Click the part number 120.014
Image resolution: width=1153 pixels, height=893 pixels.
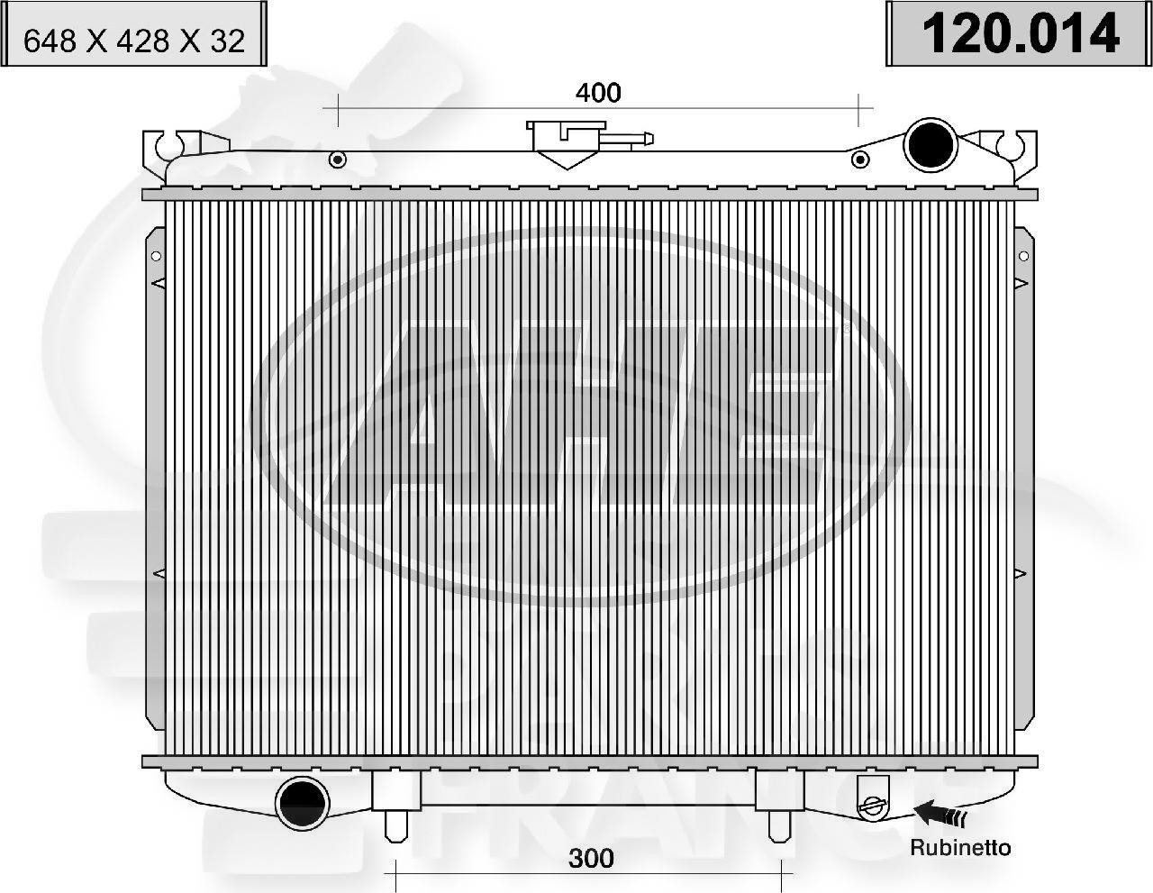1019,34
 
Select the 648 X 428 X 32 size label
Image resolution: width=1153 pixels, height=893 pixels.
134,41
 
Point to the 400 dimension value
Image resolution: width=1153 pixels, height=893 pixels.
598,92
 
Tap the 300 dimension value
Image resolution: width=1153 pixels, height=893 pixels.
590,858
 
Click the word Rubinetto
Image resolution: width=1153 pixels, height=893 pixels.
960,848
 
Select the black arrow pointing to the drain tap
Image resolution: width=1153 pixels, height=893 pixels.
942,816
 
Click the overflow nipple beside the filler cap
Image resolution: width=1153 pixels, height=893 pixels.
630,140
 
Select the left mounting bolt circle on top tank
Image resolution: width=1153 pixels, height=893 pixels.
338,160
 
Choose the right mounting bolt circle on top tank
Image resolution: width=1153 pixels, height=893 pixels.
860,160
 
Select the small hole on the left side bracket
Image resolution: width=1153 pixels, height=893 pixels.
155,256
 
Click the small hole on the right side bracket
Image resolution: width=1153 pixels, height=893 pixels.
1023,256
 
